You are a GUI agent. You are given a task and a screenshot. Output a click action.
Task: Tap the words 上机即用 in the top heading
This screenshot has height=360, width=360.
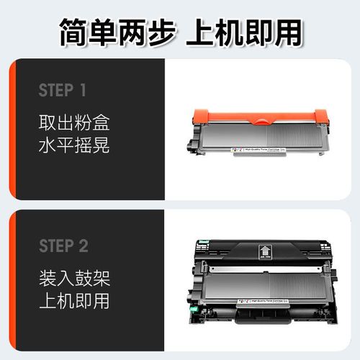245,32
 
